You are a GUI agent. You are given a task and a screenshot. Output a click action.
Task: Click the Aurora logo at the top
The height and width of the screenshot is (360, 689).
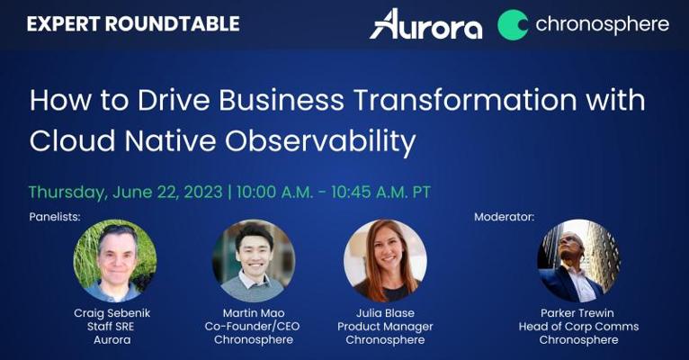point(425,24)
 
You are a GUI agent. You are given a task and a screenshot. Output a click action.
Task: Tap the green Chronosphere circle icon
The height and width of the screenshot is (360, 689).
point(513,24)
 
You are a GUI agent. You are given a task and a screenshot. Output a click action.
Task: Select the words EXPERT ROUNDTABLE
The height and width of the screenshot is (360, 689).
point(133,23)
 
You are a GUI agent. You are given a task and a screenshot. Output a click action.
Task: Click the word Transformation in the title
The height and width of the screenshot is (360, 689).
point(466,100)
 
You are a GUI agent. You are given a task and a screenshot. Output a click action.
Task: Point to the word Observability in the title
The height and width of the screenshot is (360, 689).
point(321,142)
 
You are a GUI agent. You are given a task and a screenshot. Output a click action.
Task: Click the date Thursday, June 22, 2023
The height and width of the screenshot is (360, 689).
point(126,193)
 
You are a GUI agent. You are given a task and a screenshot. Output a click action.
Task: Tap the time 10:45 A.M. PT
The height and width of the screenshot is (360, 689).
point(381,192)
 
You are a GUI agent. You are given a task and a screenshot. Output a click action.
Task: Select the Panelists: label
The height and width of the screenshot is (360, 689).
point(55,217)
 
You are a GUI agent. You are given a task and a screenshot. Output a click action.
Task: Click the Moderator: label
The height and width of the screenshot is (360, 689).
point(504,217)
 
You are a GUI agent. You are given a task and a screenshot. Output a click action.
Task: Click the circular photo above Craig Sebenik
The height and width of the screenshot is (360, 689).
point(115,261)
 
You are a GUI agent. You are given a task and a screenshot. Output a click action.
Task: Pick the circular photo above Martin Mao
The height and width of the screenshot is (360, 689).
point(254,261)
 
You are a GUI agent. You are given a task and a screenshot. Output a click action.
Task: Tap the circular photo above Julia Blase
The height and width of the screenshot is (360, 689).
point(385,261)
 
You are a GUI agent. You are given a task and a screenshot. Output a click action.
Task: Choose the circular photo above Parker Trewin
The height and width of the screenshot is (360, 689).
point(578,261)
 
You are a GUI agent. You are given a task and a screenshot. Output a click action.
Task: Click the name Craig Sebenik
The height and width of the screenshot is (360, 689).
point(112,313)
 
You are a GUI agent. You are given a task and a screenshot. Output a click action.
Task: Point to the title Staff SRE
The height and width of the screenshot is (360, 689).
point(111,327)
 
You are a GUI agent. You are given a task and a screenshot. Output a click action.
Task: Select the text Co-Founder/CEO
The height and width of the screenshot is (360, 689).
point(252,327)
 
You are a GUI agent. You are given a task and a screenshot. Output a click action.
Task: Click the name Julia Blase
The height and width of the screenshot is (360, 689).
point(385,313)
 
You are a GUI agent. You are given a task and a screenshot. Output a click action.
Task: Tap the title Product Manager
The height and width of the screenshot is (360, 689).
point(385,327)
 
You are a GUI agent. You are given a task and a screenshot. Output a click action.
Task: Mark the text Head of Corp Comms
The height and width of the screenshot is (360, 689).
point(578,327)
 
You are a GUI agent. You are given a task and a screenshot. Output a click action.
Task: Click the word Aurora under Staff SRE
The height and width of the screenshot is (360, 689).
point(112,340)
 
